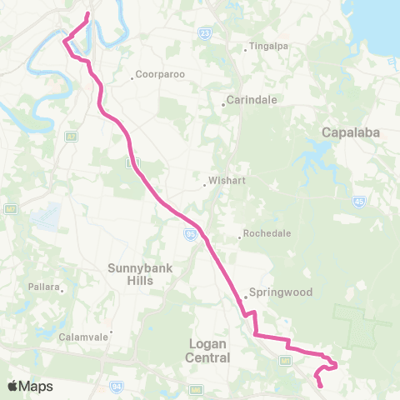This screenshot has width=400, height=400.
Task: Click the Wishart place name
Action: pos(224,178)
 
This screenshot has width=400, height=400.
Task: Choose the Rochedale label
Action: pos(265,233)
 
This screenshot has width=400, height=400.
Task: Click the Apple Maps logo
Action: pos(30,386)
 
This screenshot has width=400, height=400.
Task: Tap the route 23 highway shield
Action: pos(204,32)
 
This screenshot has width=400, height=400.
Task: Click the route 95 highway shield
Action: pos(191,236)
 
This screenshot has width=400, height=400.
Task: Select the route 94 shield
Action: pos(114,387)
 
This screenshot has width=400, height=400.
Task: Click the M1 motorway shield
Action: pos(284,361)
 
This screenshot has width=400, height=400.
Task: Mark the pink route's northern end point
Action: pos(87,13)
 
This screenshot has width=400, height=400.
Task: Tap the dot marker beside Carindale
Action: pos(223,105)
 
